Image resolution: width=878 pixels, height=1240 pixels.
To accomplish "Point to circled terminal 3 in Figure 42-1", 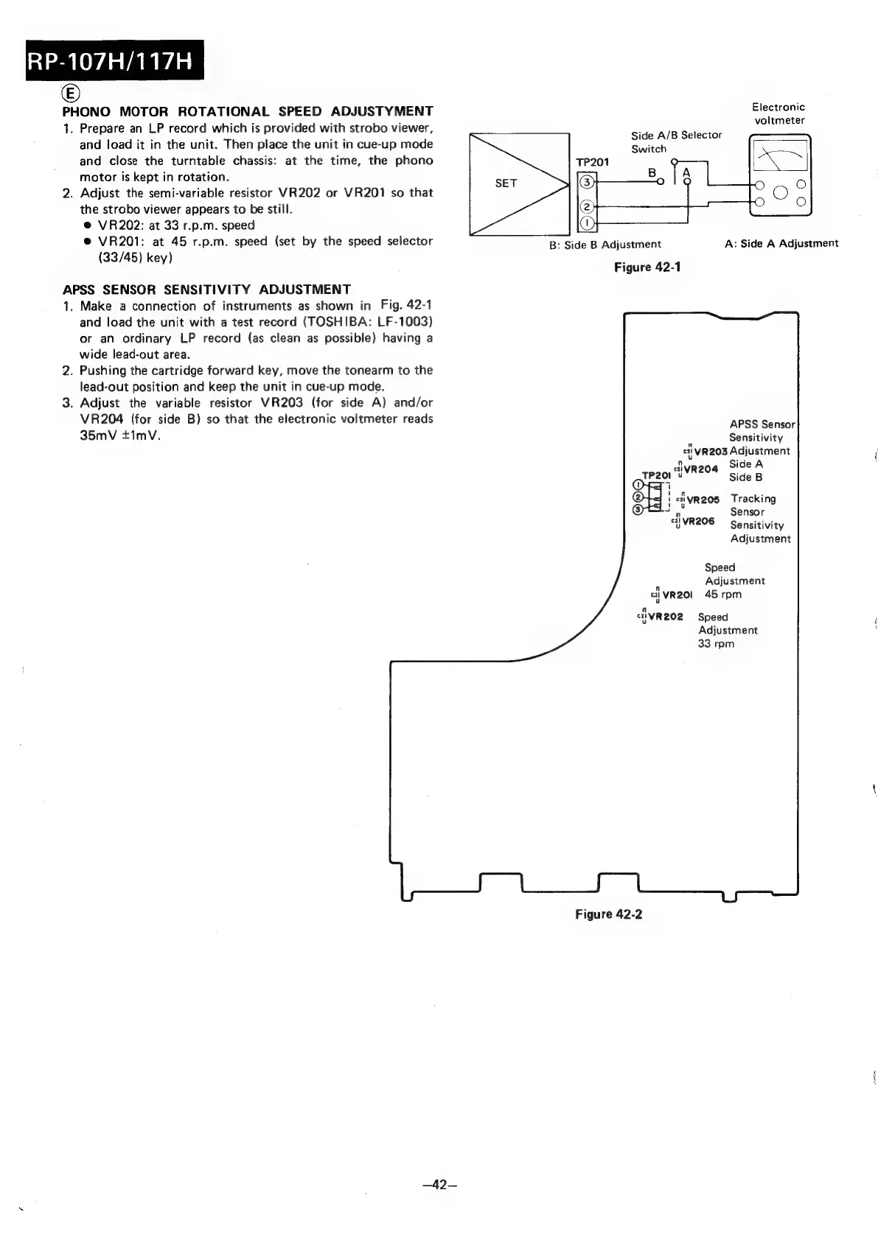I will point(587,182).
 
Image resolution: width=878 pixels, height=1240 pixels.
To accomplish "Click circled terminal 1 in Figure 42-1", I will point(587,223).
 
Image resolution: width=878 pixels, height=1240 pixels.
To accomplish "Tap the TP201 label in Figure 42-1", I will point(592,162).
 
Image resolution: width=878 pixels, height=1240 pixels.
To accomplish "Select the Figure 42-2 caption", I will point(609,914).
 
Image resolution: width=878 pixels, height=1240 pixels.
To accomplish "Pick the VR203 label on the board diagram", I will point(711,451).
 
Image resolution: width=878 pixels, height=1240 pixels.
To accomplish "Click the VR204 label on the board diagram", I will point(700,469).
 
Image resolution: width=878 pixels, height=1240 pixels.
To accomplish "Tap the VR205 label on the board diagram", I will point(703,499).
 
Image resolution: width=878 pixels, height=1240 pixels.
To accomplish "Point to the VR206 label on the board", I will point(698,521).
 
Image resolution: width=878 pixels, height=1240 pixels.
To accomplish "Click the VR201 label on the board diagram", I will point(677,595).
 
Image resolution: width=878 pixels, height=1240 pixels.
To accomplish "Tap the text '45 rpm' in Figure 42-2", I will point(723,595).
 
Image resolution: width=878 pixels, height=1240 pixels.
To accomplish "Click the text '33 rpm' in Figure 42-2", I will point(716,644).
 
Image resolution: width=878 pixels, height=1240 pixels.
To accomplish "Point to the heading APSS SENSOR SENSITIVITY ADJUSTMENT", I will point(206,289).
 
